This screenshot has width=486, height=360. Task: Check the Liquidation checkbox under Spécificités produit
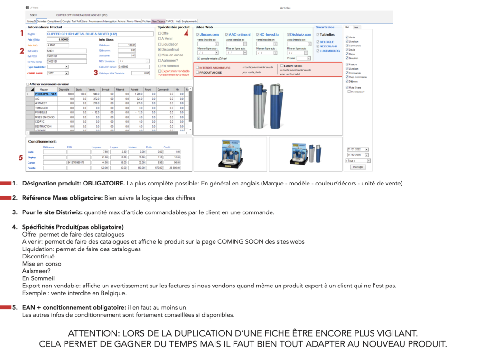point(160,44)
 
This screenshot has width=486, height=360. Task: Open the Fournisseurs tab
point(96,21)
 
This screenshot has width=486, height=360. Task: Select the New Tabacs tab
point(159,21)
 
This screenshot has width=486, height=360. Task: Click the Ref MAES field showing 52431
point(66,50)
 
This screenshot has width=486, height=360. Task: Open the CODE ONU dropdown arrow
point(67,73)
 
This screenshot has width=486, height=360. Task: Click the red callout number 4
point(186,33)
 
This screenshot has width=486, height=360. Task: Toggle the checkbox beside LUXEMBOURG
point(318,51)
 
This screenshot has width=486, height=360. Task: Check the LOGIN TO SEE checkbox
point(282,66)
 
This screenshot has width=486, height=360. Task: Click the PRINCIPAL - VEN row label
point(46,94)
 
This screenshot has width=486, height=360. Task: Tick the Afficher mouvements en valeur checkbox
point(28,84)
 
